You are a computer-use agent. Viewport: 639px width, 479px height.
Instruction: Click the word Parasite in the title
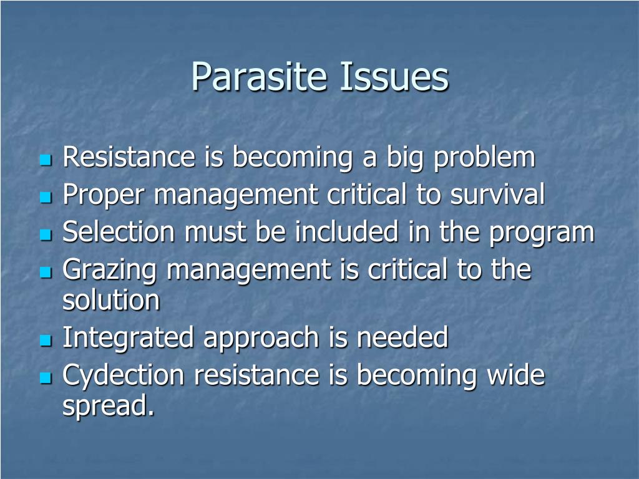coord(259,76)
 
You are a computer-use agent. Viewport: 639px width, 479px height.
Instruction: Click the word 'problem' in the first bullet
coord(484,157)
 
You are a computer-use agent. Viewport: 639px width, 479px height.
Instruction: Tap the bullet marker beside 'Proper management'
coord(46,197)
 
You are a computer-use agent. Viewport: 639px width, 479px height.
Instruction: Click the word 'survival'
coord(497,194)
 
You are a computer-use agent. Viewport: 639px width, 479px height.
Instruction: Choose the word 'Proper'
coord(104,195)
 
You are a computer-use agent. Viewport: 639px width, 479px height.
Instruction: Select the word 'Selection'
coord(119,231)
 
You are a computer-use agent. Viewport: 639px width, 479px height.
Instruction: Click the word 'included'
coord(346,231)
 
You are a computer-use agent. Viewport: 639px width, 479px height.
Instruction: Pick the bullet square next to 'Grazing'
coord(46,272)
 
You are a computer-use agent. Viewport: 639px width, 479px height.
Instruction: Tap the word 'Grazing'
coord(110,270)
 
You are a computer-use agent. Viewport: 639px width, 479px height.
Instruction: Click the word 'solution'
coord(111,300)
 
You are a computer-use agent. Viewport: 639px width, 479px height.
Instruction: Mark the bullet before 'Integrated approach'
coord(46,340)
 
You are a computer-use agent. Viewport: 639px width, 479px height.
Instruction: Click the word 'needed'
coord(402,337)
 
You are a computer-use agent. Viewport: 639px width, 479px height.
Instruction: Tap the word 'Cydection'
coord(123,375)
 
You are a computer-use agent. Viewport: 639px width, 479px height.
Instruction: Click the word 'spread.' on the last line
coord(109,405)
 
